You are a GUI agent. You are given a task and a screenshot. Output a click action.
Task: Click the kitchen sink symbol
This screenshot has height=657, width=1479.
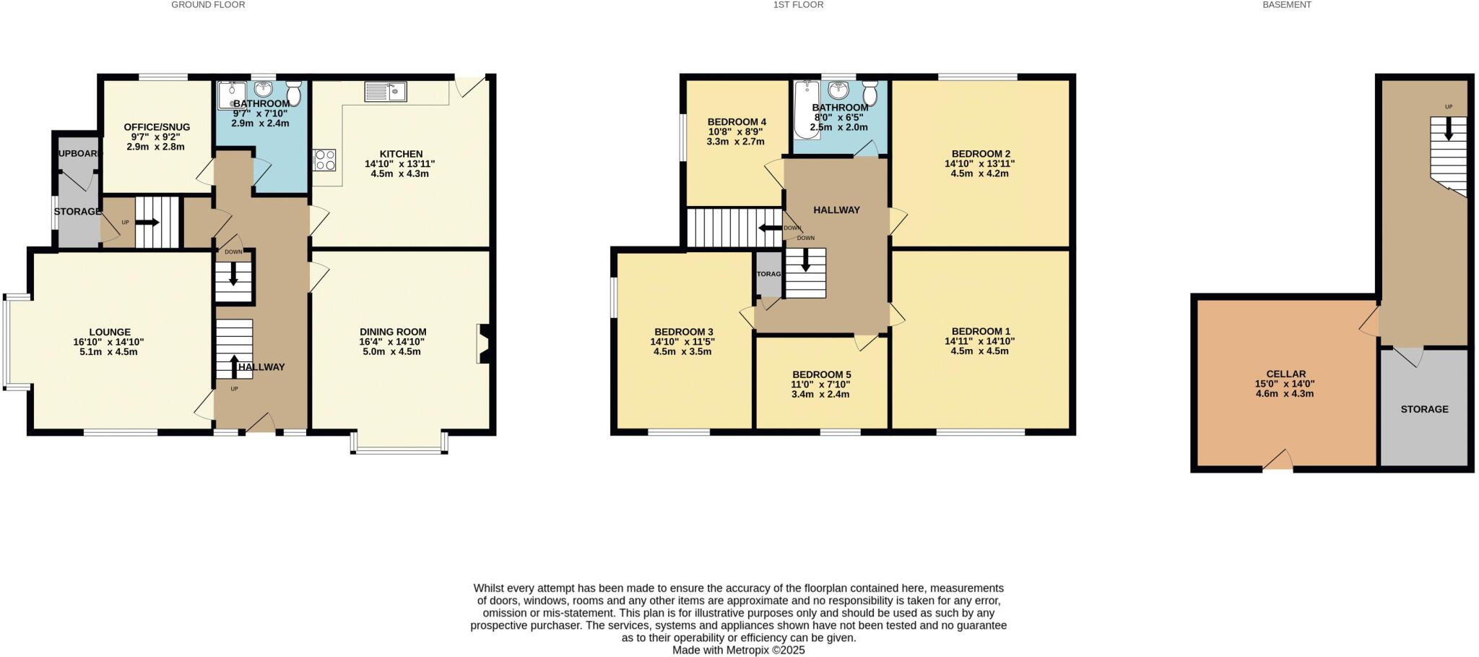(386, 92)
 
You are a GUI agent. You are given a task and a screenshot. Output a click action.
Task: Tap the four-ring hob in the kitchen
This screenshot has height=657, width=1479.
(324, 160)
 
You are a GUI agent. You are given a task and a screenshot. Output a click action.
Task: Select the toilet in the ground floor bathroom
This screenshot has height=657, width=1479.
(294, 93)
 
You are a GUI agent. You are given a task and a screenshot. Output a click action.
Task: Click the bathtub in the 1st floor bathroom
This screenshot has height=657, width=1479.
(804, 110)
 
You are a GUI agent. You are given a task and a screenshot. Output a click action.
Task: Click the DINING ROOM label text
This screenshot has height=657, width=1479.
(393, 332)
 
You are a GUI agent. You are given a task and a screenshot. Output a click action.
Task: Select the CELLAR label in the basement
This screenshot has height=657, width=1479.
(1285, 374)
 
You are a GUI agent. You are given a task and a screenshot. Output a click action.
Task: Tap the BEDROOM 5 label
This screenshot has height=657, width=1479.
(821, 374)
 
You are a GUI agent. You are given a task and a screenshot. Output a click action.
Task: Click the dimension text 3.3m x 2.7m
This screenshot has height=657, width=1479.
(735, 142)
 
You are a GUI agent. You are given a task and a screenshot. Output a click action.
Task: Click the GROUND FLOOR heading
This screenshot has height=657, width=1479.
(208, 5)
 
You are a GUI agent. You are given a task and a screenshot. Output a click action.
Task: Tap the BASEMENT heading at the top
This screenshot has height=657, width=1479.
(1286, 5)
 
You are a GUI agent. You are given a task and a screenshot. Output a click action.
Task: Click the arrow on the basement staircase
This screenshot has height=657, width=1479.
(1448, 129)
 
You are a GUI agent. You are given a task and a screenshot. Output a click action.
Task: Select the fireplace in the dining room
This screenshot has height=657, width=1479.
(483, 344)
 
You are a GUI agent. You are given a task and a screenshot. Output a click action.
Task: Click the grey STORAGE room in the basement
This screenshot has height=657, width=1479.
(1423, 409)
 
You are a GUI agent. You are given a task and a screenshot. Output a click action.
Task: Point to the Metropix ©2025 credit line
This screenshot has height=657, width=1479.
(738, 650)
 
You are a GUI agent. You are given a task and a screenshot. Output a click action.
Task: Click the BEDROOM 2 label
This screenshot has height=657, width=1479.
(980, 154)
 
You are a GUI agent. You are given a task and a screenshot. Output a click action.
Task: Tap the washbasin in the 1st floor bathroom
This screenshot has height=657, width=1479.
(838, 91)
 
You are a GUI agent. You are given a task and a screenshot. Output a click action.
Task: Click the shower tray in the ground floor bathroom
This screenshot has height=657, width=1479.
(232, 94)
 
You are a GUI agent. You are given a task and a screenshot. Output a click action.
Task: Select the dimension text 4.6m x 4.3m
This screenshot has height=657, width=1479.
(1285, 394)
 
